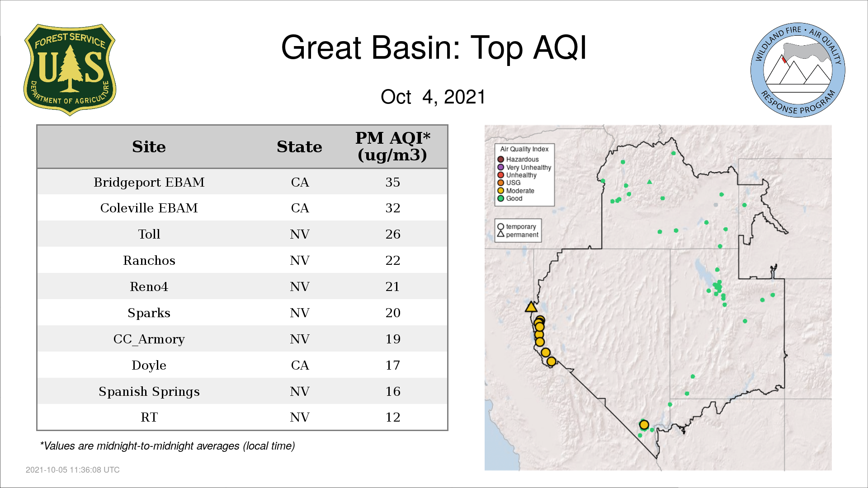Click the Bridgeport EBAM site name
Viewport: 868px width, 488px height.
pos(149,182)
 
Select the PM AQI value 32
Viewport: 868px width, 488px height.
pos(392,208)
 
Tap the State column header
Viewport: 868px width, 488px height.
pos(299,147)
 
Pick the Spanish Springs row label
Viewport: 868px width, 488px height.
pos(149,392)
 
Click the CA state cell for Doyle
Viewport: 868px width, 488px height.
pos(300,365)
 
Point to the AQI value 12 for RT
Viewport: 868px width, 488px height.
pos(392,417)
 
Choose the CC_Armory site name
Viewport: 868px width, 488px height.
pos(149,339)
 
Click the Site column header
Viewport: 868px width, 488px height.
pos(149,147)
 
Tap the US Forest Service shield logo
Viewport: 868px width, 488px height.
pos(70,70)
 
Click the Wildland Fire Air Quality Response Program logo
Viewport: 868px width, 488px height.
pos(797,70)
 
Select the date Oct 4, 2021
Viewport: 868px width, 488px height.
pos(433,97)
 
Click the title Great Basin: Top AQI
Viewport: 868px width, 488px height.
pos(434,47)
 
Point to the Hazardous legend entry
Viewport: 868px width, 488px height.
pos(518,160)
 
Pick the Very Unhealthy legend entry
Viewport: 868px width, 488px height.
pos(524,167)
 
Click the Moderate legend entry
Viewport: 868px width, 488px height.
pos(516,191)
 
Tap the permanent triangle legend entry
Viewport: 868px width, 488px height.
pos(518,235)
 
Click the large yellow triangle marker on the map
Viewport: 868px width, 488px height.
pos(531,307)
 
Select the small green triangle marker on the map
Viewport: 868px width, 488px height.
pos(650,182)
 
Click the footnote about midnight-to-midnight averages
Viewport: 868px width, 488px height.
pos(167,446)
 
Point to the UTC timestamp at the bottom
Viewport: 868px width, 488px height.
pos(73,470)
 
